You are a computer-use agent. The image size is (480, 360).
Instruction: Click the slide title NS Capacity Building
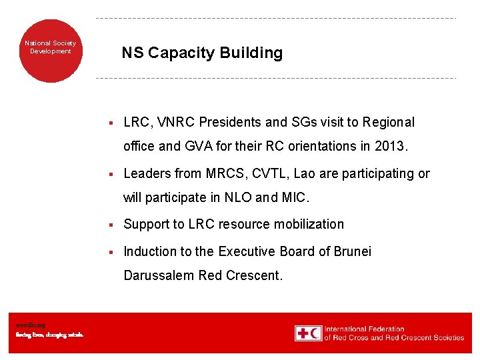coord(201,53)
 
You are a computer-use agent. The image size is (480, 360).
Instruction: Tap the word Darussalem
coord(159,275)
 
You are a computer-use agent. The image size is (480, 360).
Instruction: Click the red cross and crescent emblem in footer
coord(308,333)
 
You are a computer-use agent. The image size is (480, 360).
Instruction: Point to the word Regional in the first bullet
coord(388,122)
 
